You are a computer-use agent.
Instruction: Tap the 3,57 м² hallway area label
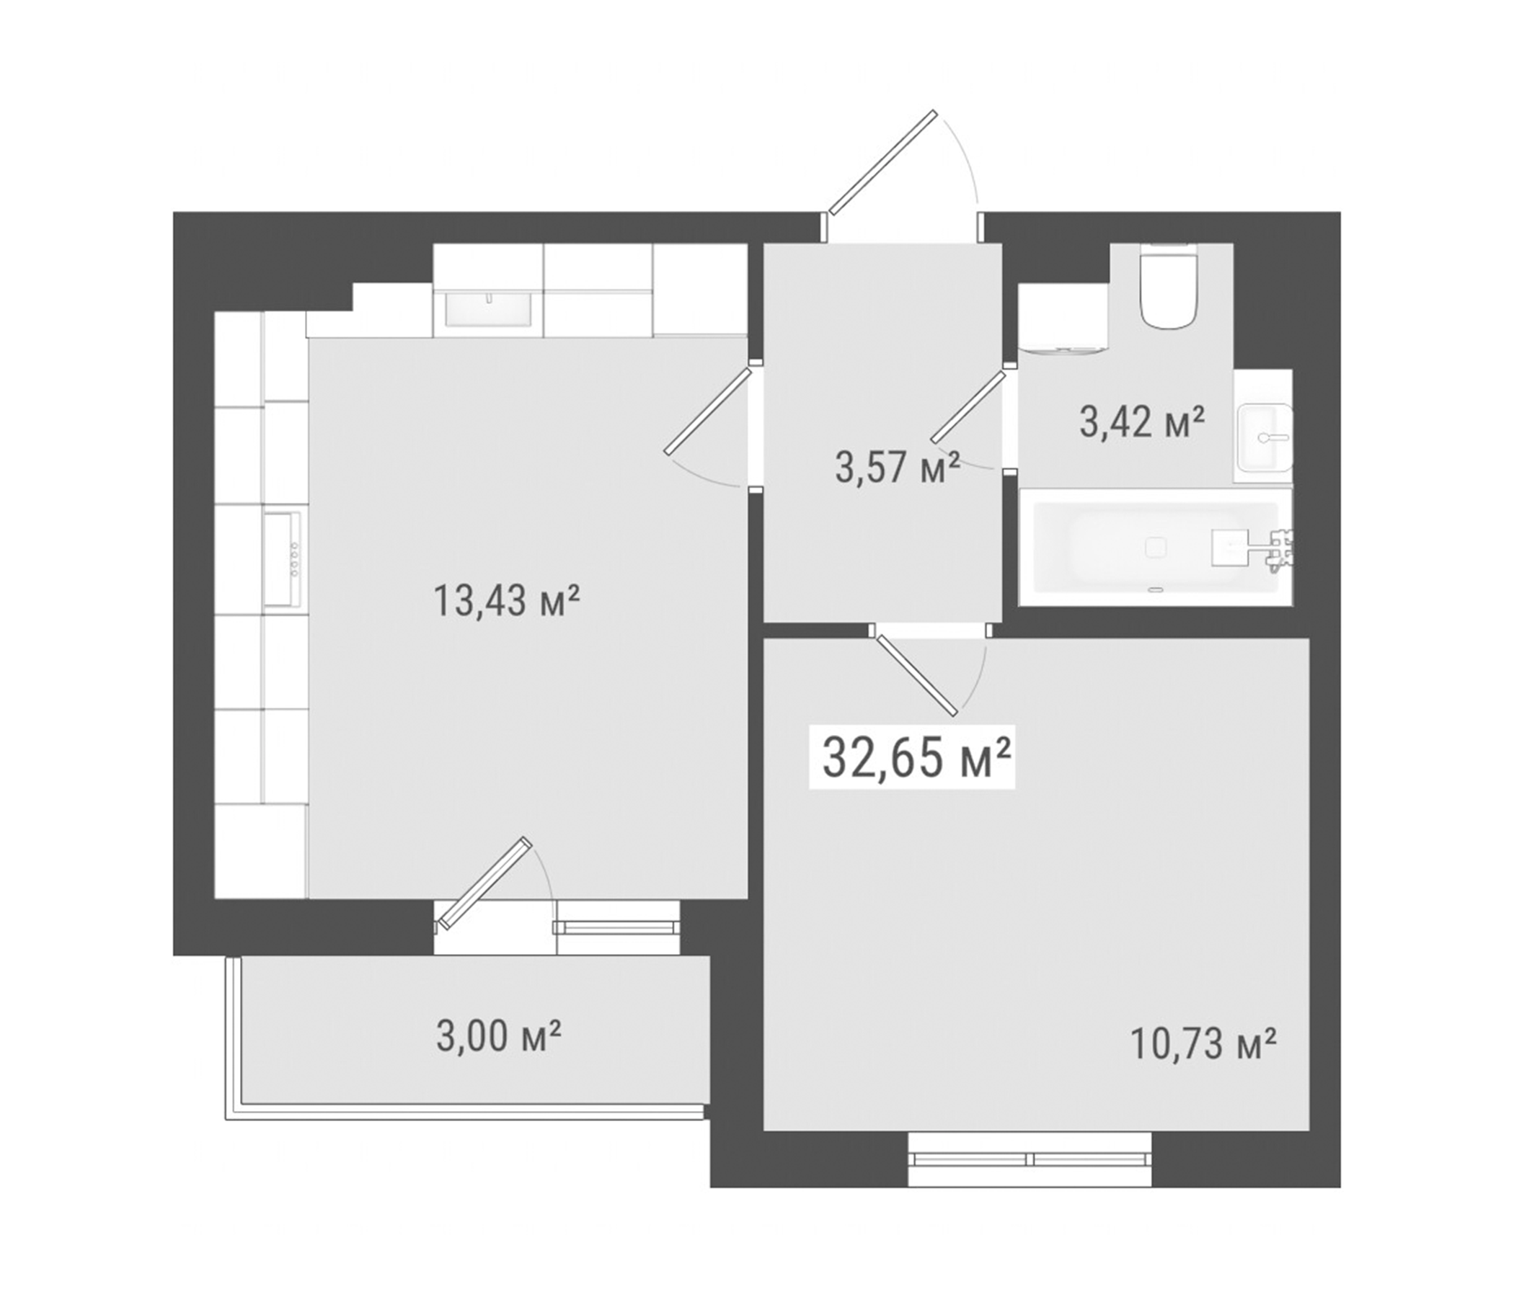click(x=898, y=468)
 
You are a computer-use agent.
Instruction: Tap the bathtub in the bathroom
click(x=1154, y=546)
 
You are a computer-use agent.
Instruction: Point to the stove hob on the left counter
click(x=283, y=558)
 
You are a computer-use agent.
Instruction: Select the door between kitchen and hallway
click(x=707, y=411)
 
